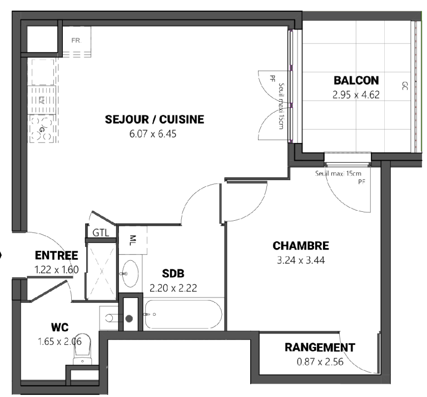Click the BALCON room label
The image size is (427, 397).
[356, 81]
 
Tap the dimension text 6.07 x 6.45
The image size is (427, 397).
[153, 134]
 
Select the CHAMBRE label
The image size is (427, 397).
[301, 246]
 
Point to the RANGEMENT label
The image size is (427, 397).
[320, 348]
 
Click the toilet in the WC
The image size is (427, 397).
[82, 349]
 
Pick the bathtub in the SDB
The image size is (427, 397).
[183, 315]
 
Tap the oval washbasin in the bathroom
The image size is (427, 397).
[130, 274]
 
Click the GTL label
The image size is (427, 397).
[101, 233]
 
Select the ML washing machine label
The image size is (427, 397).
[133, 240]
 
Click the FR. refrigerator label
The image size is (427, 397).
[77, 41]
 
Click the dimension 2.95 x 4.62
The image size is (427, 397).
[356, 95]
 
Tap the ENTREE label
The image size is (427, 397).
[57, 255]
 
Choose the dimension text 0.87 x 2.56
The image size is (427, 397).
[320, 362]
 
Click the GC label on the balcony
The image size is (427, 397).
[405, 86]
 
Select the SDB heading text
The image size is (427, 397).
[173, 274]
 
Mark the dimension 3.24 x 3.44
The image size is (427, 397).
[301, 260]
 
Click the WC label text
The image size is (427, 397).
[60, 327]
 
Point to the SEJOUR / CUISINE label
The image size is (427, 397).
[155, 120]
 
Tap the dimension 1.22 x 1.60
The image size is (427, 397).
[57, 270]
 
